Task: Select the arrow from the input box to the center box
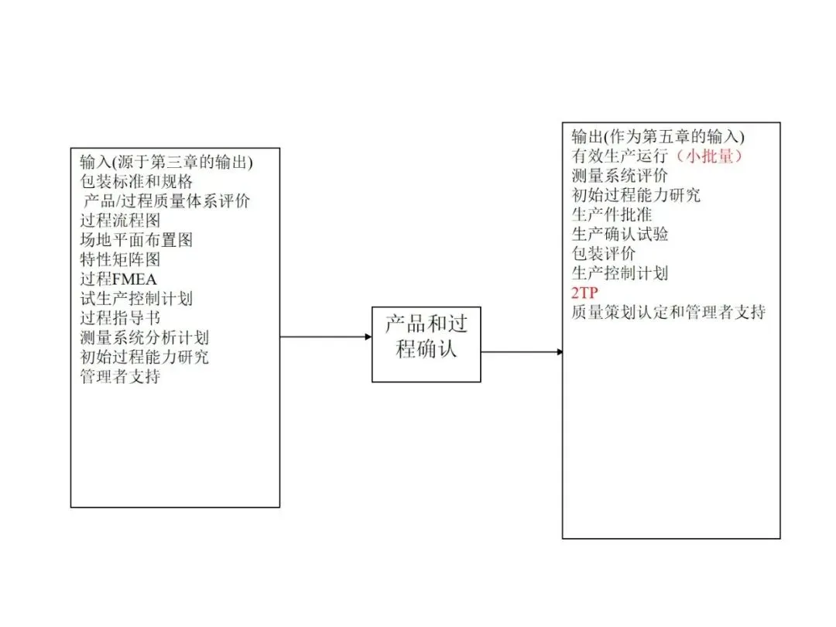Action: click(x=325, y=337)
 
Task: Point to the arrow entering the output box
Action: click(x=522, y=352)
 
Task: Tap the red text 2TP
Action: click(x=585, y=293)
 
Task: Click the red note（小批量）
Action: click(x=708, y=156)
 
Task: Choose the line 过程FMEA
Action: click(x=118, y=279)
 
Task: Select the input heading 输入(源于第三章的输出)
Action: click(x=166, y=162)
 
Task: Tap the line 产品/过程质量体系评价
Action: click(x=166, y=201)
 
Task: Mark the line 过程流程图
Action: click(x=120, y=221)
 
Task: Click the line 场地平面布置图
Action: click(x=136, y=240)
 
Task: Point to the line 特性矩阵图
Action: click(x=120, y=259)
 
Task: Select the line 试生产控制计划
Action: click(x=136, y=298)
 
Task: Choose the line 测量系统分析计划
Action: click(x=144, y=337)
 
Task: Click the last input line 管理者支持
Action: click(x=120, y=377)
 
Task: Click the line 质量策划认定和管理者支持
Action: click(x=669, y=312)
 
